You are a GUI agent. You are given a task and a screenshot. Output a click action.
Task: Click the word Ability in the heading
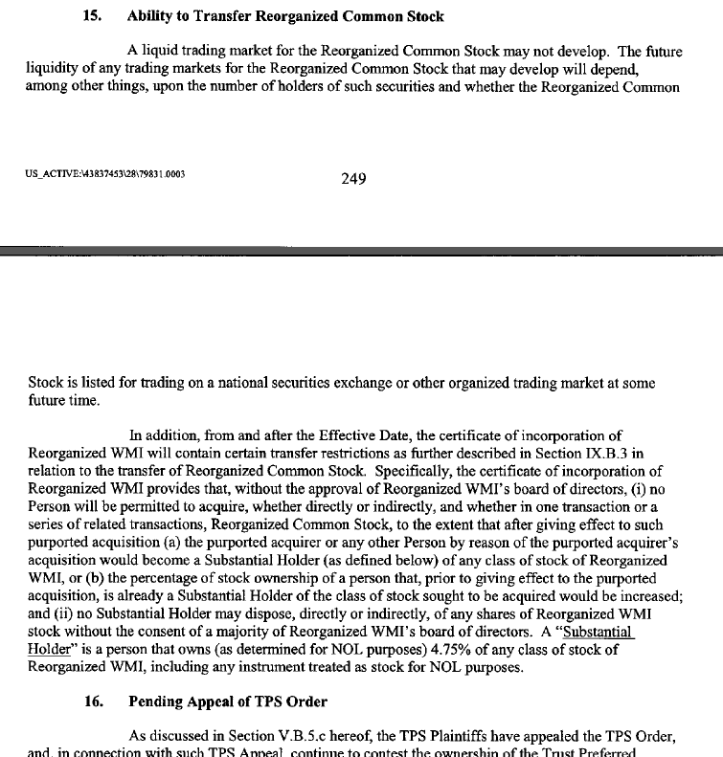pyautogui.click(x=151, y=16)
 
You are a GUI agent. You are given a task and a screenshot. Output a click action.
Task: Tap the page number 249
pyautogui.click(x=353, y=178)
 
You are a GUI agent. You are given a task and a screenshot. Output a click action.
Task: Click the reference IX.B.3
pyautogui.click(x=597, y=452)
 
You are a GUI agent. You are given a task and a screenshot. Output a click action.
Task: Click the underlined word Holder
pyautogui.click(x=50, y=650)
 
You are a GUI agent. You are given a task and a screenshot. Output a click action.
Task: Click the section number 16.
pyautogui.click(x=93, y=701)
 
